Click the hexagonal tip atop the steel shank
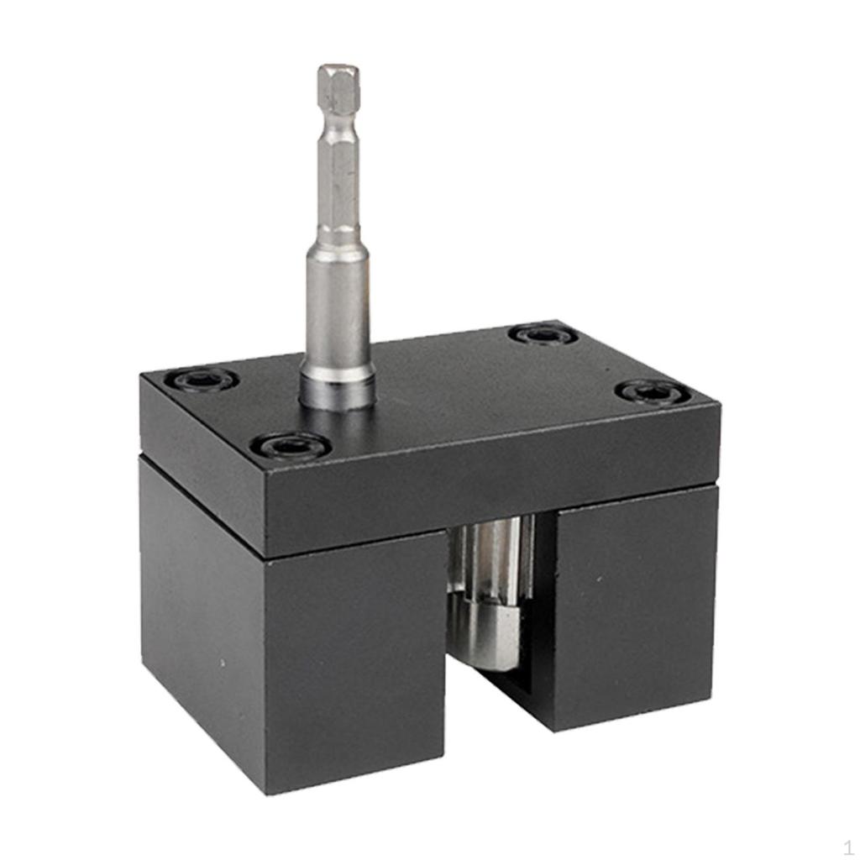pyautogui.click(x=338, y=88)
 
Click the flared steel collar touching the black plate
pyautogui.click(x=338, y=388)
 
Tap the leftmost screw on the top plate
pyautogui.click(x=202, y=379)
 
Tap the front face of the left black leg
pyautogui.click(x=353, y=663)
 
